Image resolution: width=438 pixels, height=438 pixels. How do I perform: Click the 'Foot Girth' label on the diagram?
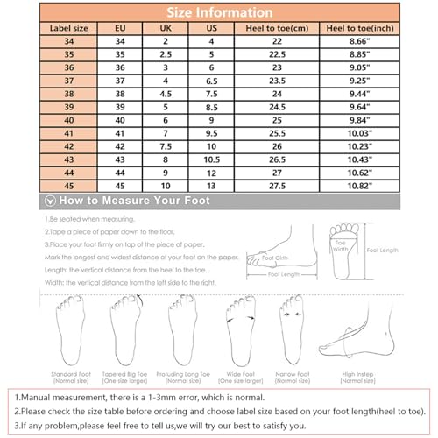[274, 258]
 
